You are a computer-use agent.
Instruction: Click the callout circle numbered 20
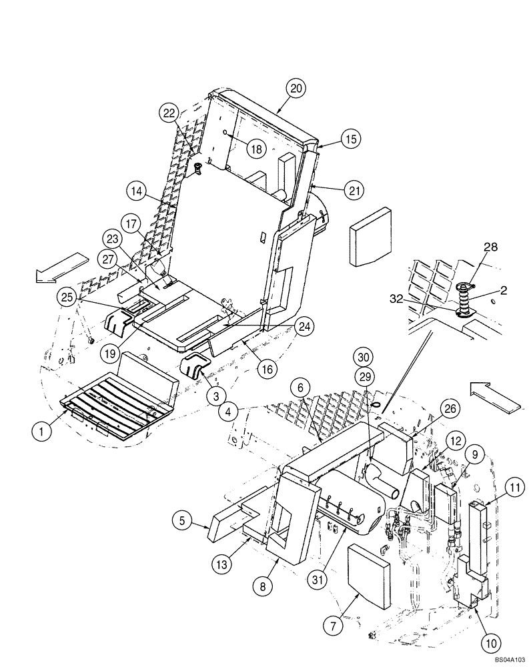pos(296,87)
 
